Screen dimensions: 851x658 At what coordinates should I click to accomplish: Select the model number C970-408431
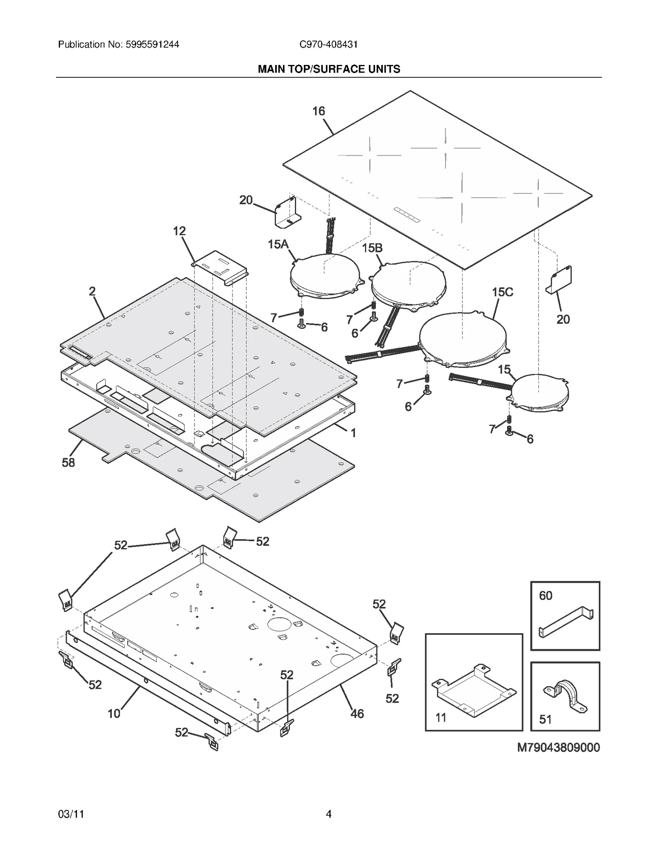[x=328, y=44]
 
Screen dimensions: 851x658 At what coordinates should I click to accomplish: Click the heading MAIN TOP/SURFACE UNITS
[x=329, y=69]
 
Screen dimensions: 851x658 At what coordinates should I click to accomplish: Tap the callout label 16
[x=318, y=111]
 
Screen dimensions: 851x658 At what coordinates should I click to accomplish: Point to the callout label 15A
[x=278, y=244]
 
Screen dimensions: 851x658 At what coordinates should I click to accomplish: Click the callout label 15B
[x=372, y=248]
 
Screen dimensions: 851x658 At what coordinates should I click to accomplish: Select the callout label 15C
[x=502, y=292]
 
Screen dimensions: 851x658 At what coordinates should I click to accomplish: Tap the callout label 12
[x=179, y=231]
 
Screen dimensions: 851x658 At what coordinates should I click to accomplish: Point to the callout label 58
[x=68, y=463]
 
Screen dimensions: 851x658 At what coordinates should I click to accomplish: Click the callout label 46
[x=357, y=714]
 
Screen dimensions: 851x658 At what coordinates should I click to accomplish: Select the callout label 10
[x=114, y=714]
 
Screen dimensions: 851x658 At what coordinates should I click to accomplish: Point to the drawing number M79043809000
[x=558, y=747]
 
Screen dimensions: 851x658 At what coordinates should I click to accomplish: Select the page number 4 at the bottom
[x=328, y=814]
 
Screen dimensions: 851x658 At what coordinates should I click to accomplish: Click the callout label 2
[x=92, y=291]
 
